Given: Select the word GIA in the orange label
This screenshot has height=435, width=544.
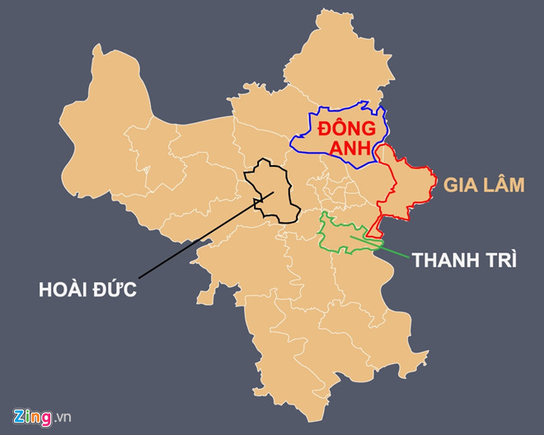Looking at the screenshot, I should [x=459, y=184].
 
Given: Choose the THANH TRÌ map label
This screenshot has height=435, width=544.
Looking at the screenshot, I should [x=465, y=260].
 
